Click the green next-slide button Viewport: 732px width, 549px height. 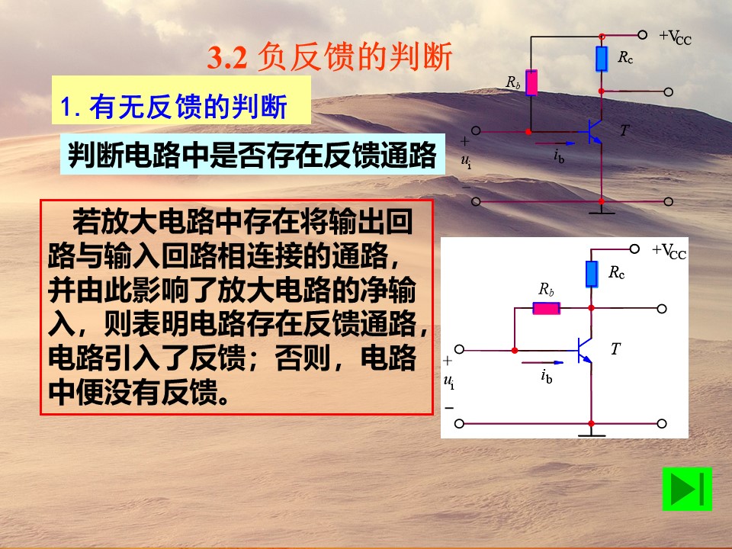pyautogui.click(x=687, y=489)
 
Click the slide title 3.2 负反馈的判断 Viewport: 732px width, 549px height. pyautogui.click(x=329, y=57)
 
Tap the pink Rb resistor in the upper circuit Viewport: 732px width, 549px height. pyautogui.click(x=531, y=82)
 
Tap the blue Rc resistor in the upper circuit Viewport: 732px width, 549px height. pyautogui.click(x=602, y=59)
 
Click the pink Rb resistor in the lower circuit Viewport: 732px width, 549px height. pyautogui.click(x=546, y=308)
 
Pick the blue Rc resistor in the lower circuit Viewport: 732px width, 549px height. pyautogui.click(x=592, y=274)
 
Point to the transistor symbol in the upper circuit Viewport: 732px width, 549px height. pyautogui.click(x=592, y=132)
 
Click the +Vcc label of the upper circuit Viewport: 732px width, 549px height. pyautogui.click(x=675, y=37)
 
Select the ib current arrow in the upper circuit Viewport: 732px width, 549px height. pyautogui.click(x=555, y=143)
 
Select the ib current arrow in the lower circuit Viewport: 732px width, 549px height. pyautogui.click(x=542, y=362)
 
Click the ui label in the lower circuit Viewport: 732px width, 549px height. pyautogui.click(x=449, y=382)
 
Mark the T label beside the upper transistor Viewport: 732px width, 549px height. pyautogui.click(x=624, y=130)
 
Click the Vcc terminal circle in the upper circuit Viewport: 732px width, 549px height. pyautogui.click(x=642, y=34)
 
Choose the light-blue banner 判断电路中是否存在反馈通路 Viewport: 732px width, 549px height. pyautogui.click(x=252, y=155)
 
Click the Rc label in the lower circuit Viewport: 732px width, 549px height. pyautogui.click(x=617, y=272)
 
